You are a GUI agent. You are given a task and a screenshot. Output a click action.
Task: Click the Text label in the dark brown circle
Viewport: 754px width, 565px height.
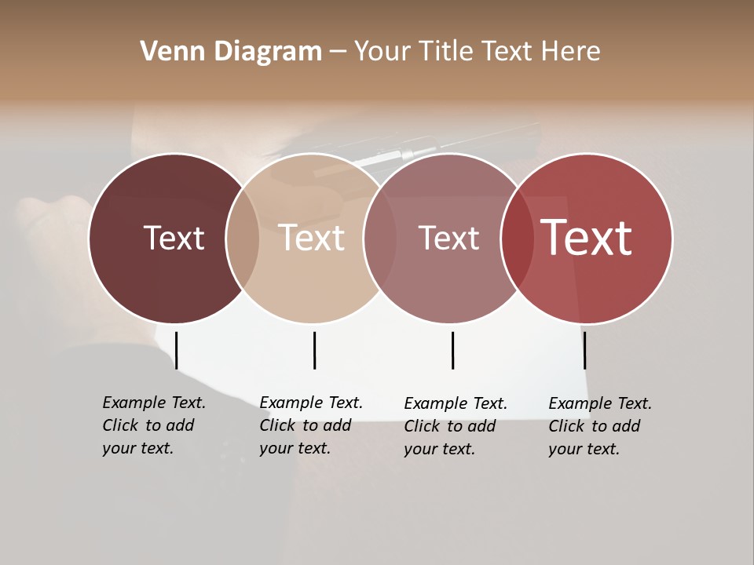point(174,238)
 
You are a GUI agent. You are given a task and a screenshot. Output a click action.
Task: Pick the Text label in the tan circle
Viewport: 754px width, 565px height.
point(312,238)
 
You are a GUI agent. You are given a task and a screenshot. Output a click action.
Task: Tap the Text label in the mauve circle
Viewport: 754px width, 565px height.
point(448,238)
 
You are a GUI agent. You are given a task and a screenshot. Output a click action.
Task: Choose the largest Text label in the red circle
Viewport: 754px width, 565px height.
point(586,238)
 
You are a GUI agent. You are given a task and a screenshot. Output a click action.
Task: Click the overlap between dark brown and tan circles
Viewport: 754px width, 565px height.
point(243,238)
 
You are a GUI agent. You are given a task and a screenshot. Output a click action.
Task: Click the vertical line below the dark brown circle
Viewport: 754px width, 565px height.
point(176,350)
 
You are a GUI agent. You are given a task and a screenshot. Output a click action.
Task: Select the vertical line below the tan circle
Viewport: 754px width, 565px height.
point(314,350)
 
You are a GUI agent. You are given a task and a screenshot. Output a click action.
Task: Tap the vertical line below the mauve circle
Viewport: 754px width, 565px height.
point(452,350)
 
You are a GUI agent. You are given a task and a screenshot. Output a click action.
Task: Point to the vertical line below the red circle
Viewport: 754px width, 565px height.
point(584,350)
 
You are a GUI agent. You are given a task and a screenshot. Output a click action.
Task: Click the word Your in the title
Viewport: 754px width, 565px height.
point(383,52)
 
